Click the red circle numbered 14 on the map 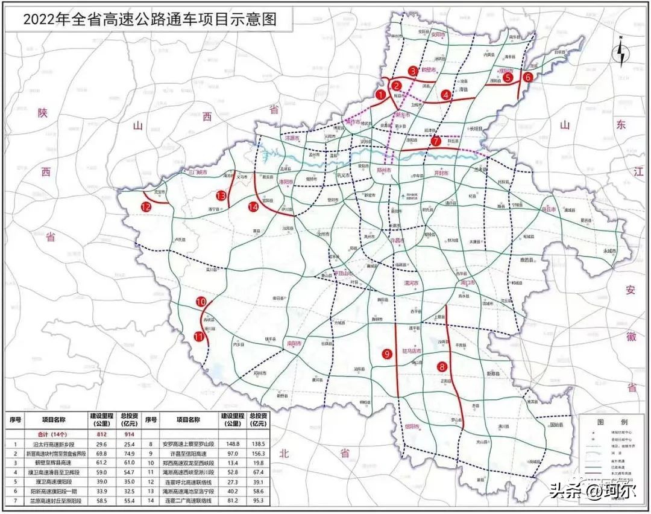253,206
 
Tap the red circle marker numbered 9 386,355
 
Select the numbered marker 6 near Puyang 527,77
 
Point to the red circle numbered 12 146,206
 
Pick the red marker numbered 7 436,141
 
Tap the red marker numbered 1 380,94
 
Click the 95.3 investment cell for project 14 261,501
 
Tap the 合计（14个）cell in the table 49,433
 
